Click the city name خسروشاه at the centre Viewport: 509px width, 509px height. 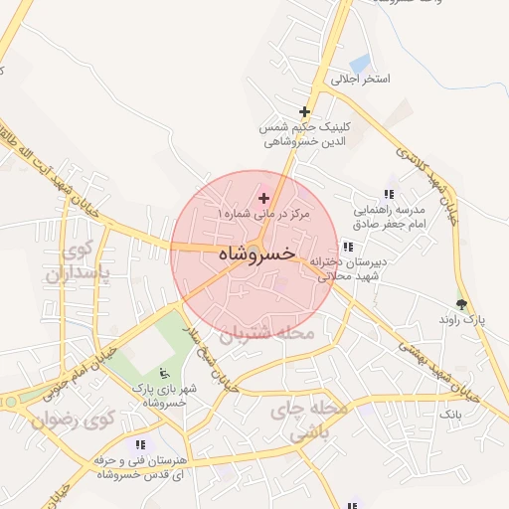[254, 254]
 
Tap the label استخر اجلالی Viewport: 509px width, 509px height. [361, 78]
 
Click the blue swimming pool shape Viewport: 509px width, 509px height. [359, 65]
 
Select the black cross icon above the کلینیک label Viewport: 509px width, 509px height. [304, 111]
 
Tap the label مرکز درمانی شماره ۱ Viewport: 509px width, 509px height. [264, 214]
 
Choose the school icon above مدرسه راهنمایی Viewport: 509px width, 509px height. [388, 194]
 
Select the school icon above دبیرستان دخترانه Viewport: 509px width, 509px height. [347, 246]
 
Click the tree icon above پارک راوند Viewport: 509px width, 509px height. [460, 304]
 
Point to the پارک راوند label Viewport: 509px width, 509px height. [460, 320]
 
